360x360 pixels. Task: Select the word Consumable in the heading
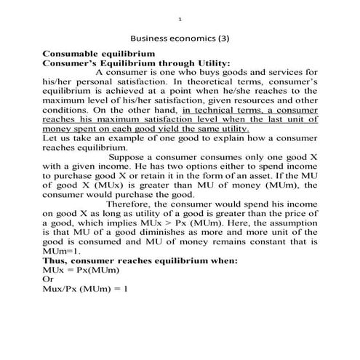tap(76, 55)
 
